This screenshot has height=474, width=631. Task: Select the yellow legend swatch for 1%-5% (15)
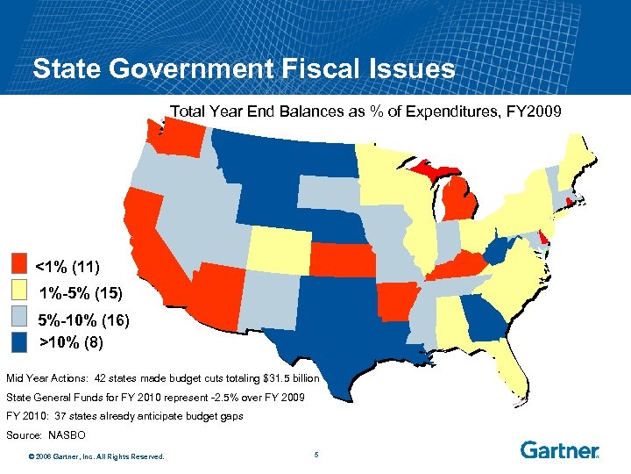click(x=20, y=291)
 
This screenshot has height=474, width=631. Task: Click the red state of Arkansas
click(x=395, y=302)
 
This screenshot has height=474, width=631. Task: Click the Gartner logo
click(x=560, y=450)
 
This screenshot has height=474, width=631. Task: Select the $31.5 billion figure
click(x=293, y=377)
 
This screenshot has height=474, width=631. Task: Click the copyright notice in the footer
click(x=96, y=455)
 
